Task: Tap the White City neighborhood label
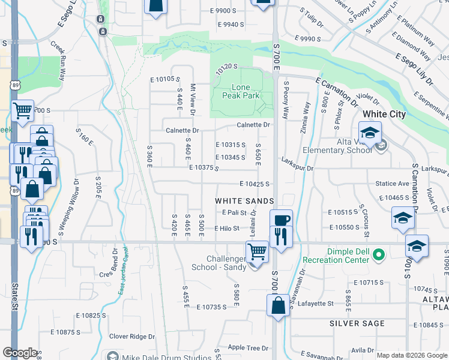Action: pyautogui.click(x=384, y=114)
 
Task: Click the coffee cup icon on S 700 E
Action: pyautogui.click(x=281, y=220)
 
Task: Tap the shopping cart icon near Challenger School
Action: pyautogui.click(x=257, y=252)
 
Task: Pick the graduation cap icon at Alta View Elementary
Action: pyautogui.click(x=370, y=133)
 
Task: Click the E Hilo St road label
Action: pyautogui.click(x=226, y=229)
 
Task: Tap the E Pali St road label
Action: pyautogui.click(x=234, y=212)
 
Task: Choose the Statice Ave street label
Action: pyautogui.click(x=393, y=184)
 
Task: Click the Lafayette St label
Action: pyautogui.click(x=316, y=304)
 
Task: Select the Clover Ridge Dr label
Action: pyautogui.click(x=131, y=337)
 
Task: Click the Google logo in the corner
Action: pyautogui.click(x=20, y=353)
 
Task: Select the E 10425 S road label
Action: pyautogui.click(x=253, y=184)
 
